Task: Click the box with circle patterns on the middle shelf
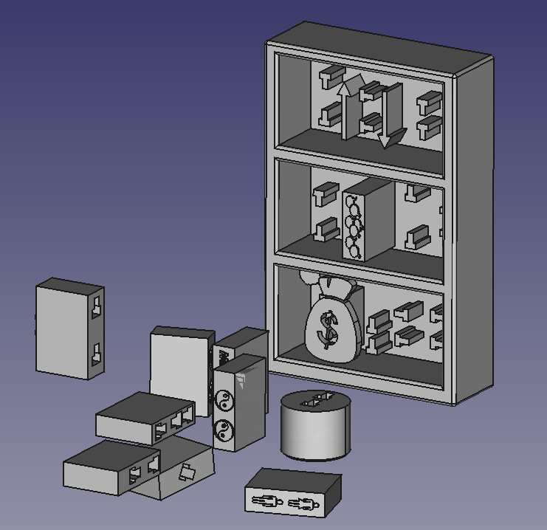coord(368,218)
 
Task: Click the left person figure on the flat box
coord(267,502)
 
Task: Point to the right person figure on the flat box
coord(303,505)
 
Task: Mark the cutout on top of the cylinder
coord(316,401)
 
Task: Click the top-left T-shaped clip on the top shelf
coord(330,76)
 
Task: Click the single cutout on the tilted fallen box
coord(187,472)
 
